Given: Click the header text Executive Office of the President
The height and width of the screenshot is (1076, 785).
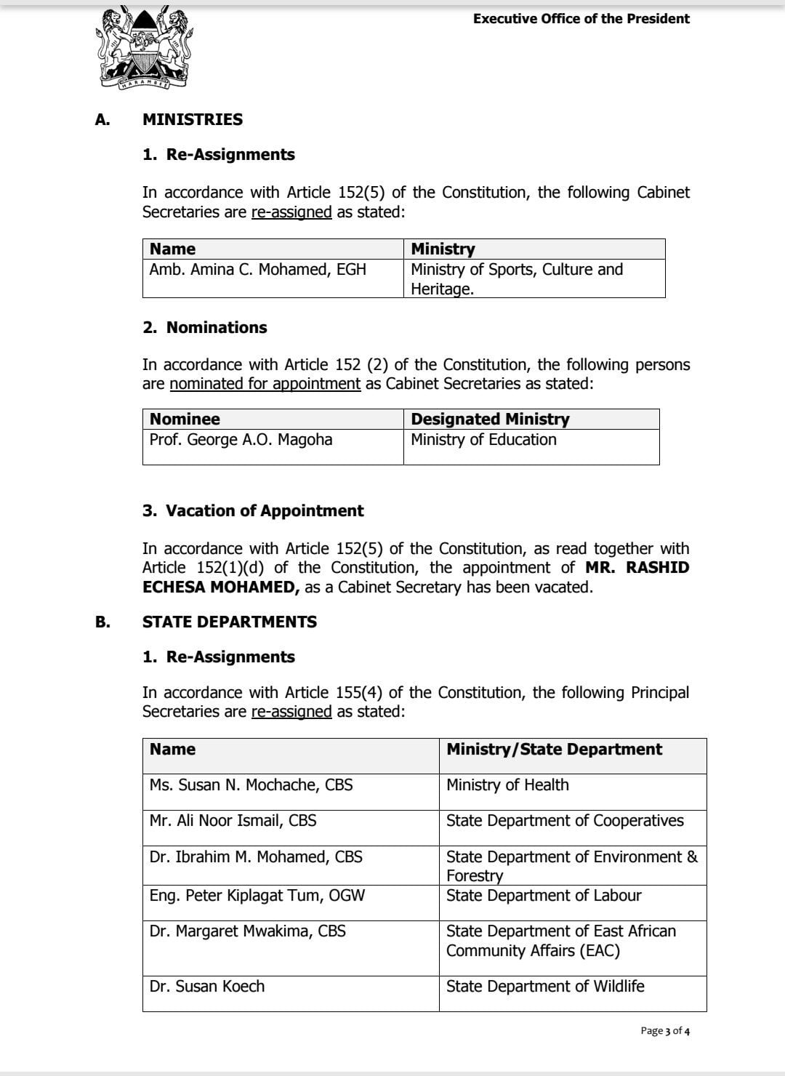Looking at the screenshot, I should pyautogui.click(x=581, y=19).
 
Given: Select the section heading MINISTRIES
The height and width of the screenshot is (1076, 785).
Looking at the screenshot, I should pyautogui.click(x=193, y=119).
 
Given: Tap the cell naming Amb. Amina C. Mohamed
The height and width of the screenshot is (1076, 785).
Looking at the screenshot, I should pyautogui.click(x=258, y=270).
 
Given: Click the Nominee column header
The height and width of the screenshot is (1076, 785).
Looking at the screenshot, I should pyautogui.click(x=185, y=419).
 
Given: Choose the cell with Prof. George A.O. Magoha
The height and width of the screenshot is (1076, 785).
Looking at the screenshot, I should pyautogui.click(x=241, y=440).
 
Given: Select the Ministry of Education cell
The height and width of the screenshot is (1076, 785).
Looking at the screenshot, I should pyautogui.click(x=483, y=440).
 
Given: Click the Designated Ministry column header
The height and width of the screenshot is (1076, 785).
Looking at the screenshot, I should pyautogui.click(x=490, y=419).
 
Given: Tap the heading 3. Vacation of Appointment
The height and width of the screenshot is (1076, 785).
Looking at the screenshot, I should pyautogui.click(x=253, y=510).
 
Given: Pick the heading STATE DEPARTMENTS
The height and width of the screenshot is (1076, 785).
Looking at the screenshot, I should pyautogui.click(x=230, y=622).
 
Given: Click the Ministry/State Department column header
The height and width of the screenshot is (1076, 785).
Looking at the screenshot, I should pyautogui.click(x=554, y=750).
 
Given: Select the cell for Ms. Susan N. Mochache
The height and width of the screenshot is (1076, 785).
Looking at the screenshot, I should pyautogui.click(x=251, y=785).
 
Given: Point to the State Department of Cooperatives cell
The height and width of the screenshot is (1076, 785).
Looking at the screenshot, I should pyautogui.click(x=565, y=821).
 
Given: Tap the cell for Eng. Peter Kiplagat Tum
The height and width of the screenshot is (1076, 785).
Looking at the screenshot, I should pyautogui.click(x=257, y=896).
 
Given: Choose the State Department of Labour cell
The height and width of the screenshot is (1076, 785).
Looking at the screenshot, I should pyautogui.click(x=544, y=896).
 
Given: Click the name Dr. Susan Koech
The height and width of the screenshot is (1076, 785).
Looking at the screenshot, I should pyautogui.click(x=207, y=987).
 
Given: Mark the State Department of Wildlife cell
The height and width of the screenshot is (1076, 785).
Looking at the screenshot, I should pyautogui.click(x=545, y=987).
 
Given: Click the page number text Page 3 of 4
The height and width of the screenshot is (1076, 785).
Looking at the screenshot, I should pyautogui.click(x=665, y=1031).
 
